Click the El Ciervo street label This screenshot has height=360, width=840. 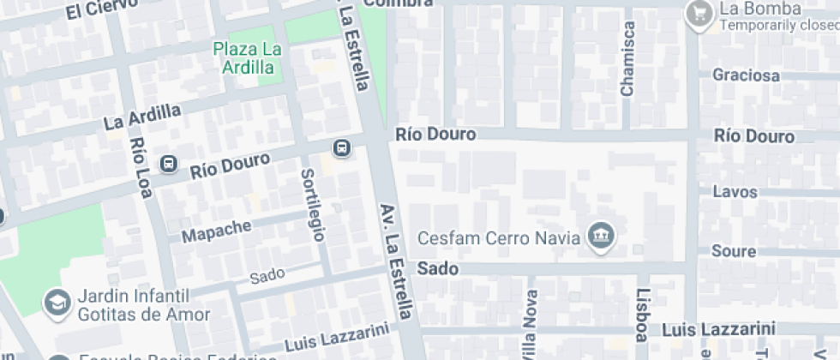(101, 9)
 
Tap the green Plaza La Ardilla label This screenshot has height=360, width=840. (248, 57)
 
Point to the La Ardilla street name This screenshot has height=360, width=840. (142, 116)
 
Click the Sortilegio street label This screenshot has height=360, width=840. (312, 204)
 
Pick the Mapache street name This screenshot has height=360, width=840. (219, 229)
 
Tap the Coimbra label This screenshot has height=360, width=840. (398, 3)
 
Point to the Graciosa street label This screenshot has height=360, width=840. (746, 75)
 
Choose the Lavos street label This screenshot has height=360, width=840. (735, 192)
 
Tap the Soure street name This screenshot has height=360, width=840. (734, 252)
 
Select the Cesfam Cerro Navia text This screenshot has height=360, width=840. (498, 237)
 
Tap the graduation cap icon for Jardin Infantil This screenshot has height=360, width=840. (57, 303)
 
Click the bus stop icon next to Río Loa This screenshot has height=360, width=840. (169, 163)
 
